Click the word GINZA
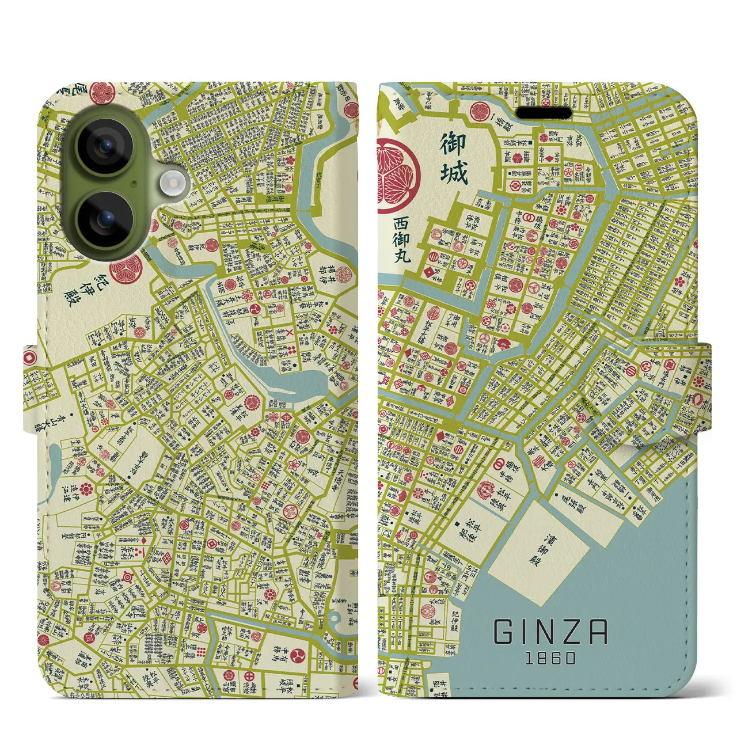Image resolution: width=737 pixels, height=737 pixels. (x=550, y=632)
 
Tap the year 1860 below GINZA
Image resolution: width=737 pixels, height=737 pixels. (x=550, y=658)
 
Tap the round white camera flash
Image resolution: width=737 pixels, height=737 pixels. (x=172, y=183)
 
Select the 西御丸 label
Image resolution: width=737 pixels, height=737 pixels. (x=402, y=239)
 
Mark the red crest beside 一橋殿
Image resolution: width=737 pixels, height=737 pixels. (x=479, y=111)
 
